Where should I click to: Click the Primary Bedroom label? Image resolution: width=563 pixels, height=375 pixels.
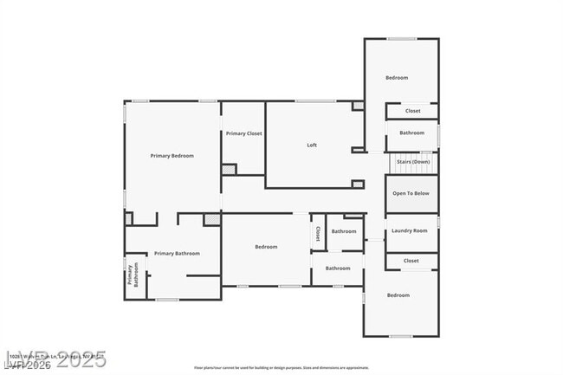pos(171,156)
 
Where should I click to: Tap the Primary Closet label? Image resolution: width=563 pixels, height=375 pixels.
pos(243,133)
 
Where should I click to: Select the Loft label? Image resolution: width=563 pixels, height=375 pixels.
pos(312,145)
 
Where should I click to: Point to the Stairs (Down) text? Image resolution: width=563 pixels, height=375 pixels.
pos(412,162)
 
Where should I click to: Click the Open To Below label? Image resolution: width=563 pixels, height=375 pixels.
pos(411,193)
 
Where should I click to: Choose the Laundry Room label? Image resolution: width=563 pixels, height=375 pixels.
pos(410,230)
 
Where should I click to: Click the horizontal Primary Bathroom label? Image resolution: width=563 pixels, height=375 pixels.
pos(177,254)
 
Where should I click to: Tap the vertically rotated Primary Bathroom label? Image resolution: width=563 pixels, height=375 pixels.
pos(133,275)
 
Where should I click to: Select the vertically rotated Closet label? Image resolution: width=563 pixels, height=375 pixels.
pos(318,232)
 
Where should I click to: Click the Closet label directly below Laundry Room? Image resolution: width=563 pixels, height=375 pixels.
pos(411,261)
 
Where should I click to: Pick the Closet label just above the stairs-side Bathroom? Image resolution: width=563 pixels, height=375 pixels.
pos(413,111)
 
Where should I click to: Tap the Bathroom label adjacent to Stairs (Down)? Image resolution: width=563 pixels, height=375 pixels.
pos(411,133)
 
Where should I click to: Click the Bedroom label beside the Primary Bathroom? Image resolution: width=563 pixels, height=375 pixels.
pos(266,248)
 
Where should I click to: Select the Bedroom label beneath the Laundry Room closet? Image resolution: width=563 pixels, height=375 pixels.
pos(398,296)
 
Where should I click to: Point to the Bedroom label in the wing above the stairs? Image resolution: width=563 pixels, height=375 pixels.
pos(397,78)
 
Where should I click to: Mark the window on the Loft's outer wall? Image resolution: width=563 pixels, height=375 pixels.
pos(315,102)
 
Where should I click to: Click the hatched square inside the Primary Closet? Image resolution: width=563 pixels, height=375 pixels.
pos(229,170)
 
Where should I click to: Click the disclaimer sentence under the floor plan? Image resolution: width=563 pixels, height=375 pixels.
pos(281,367)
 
